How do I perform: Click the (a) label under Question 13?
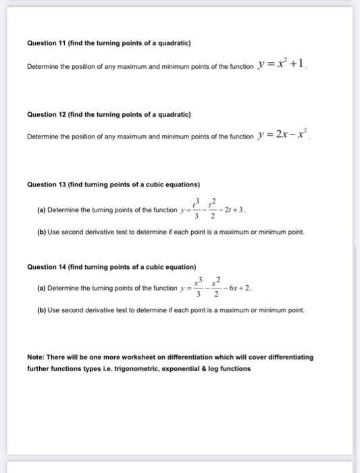tap(41, 210)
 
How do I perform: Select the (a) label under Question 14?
tap(41, 287)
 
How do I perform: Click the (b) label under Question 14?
tap(41, 311)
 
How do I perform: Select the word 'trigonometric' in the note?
tap(147, 369)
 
